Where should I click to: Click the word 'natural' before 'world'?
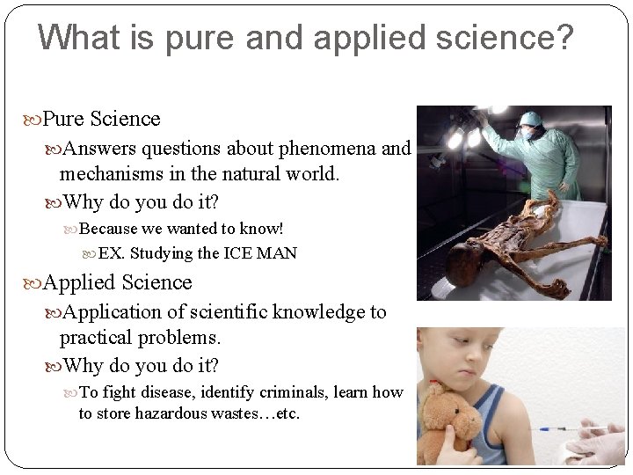[259, 173]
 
